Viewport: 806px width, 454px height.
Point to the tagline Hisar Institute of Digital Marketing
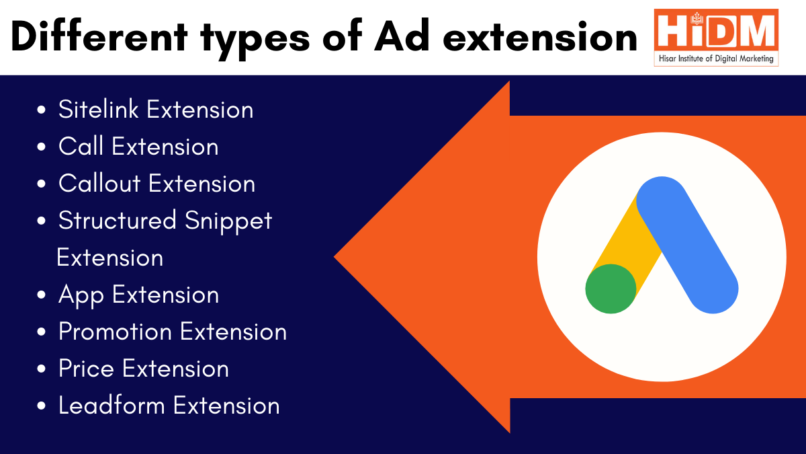pyautogui.click(x=716, y=59)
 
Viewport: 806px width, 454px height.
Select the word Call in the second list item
pyautogui.click(x=82, y=147)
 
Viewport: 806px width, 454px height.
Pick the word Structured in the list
pyautogui.click(x=118, y=221)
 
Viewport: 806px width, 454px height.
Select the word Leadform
pyautogui.click(x=112, y=406)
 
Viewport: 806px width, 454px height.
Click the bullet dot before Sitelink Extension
pyautogui.click(x=42, y=110)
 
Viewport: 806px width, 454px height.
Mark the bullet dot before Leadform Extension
pyautogui.click(x=42, y=406)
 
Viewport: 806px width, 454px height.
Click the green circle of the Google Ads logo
pyautogui.click(x=611, y=289)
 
